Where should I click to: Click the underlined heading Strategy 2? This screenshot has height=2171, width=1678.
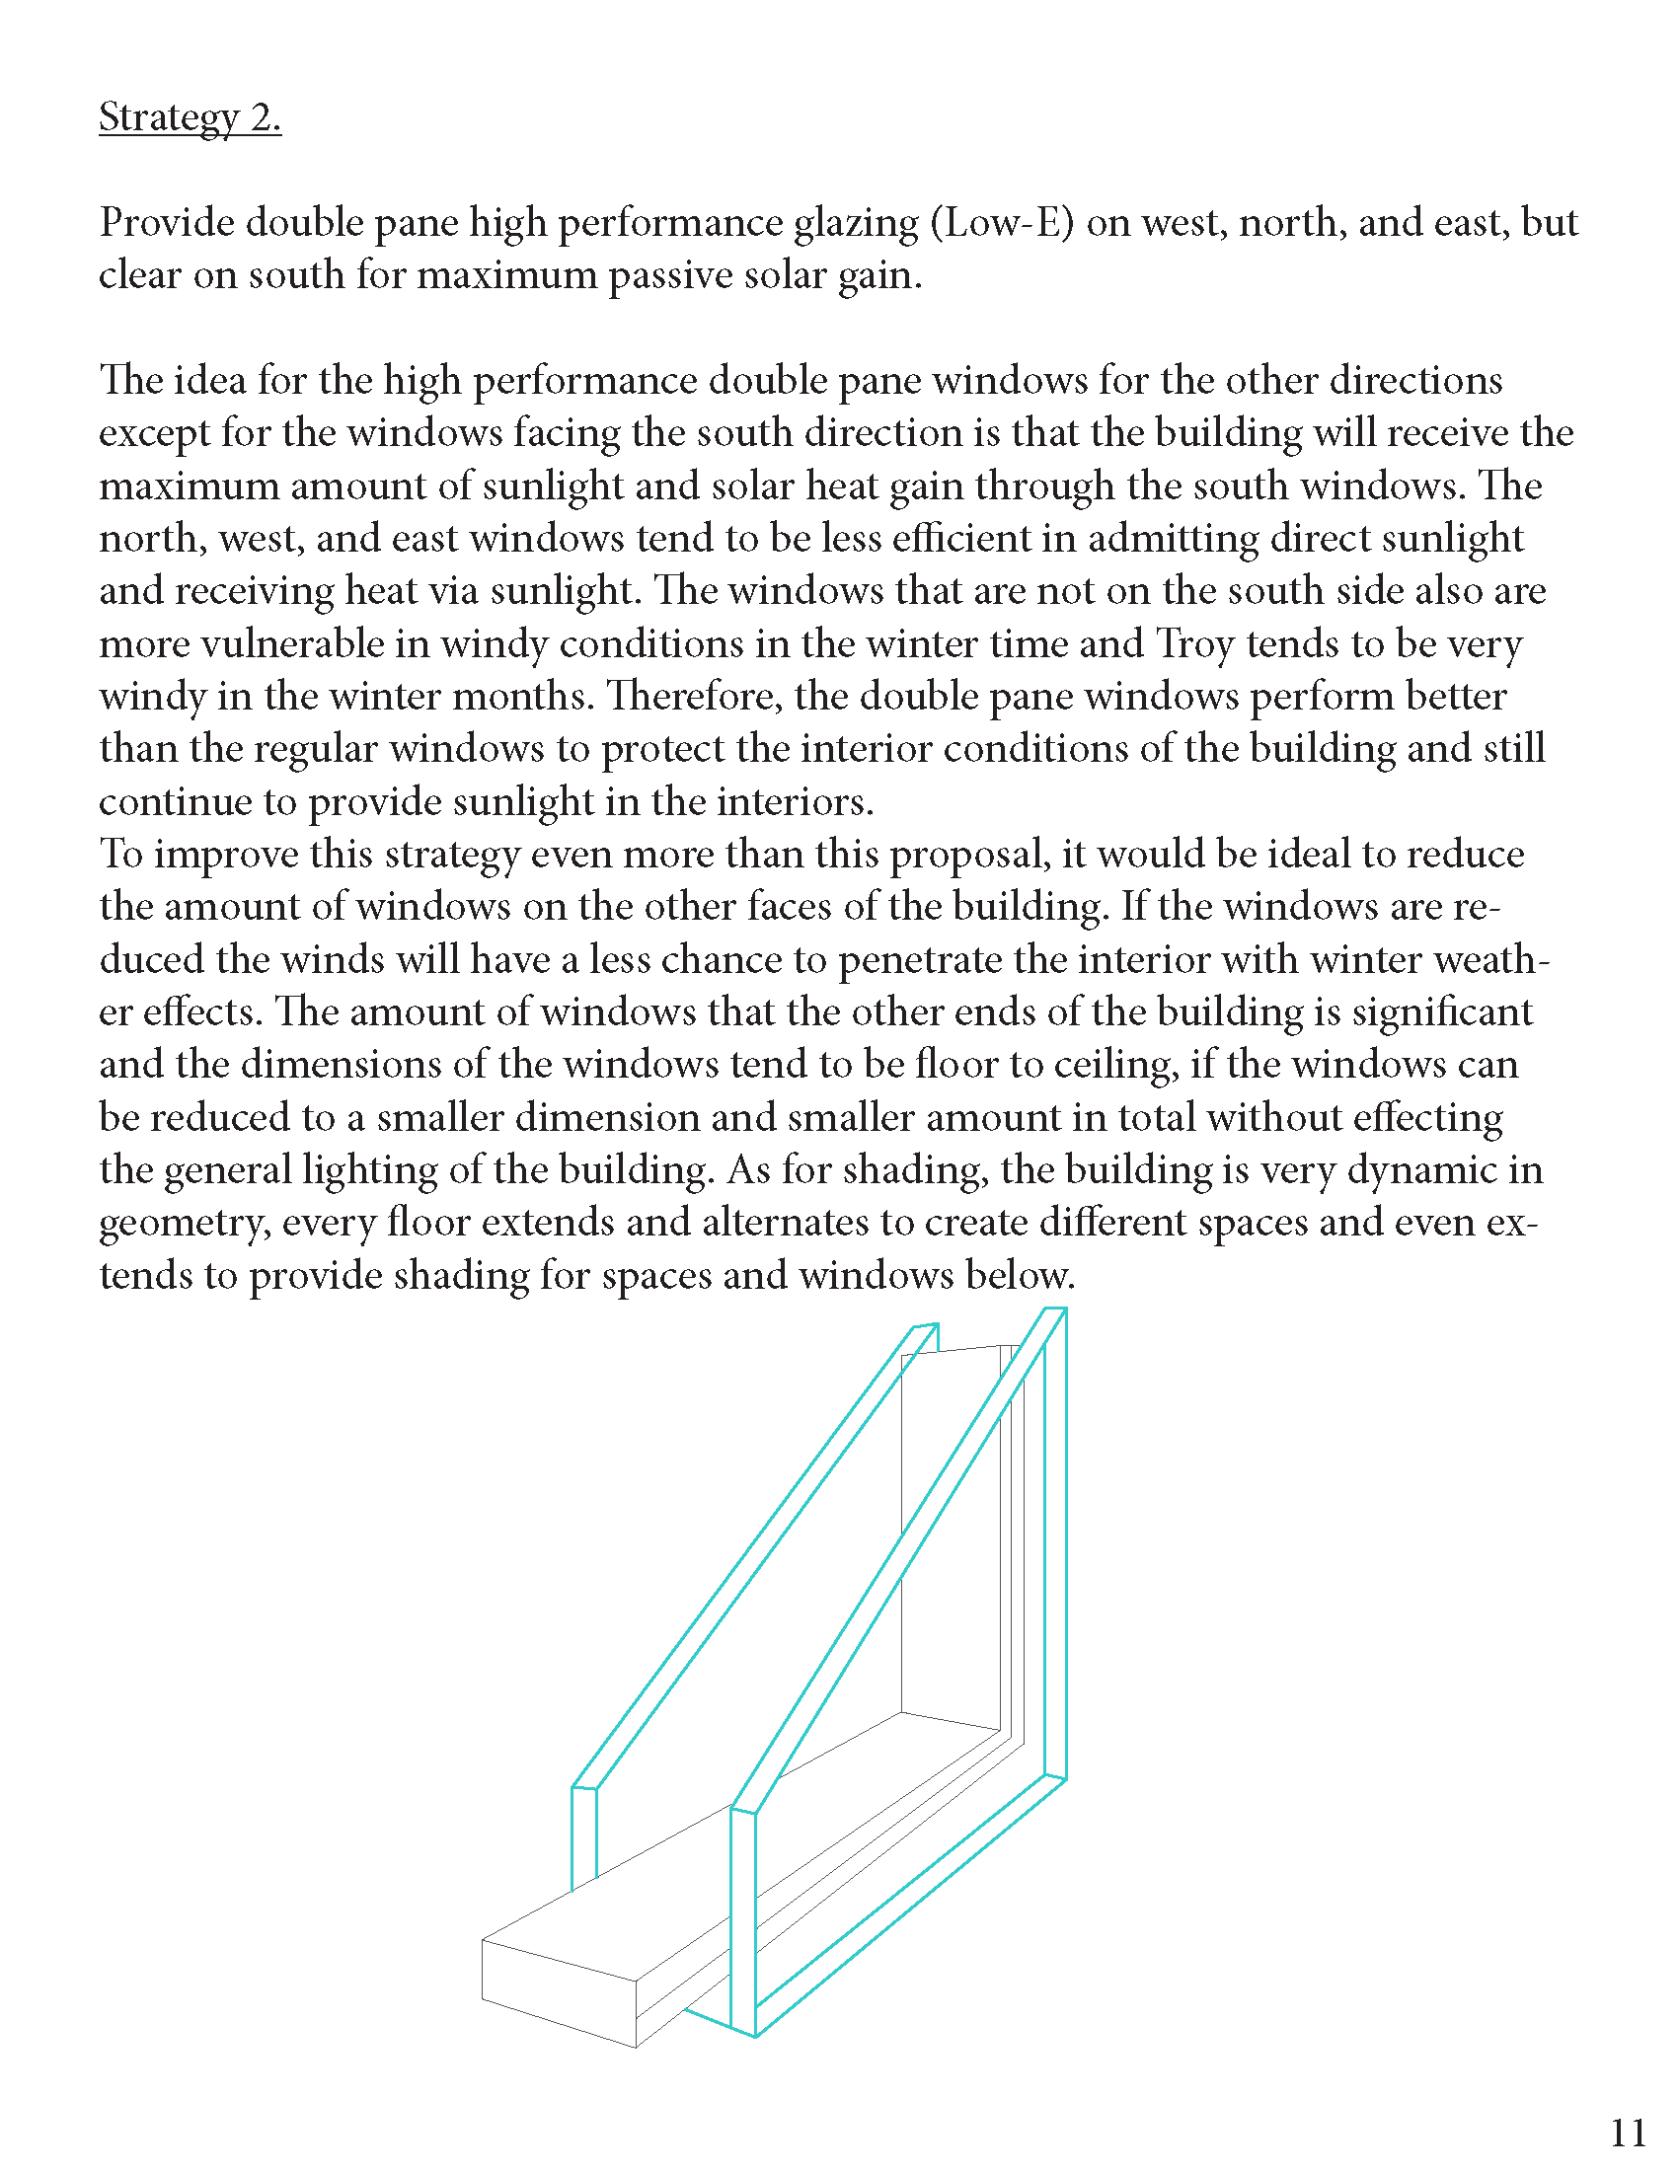click(190, 117)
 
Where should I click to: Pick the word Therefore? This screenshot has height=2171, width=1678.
click(694, 697)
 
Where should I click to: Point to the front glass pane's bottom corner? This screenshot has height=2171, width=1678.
click(755, 2035)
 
